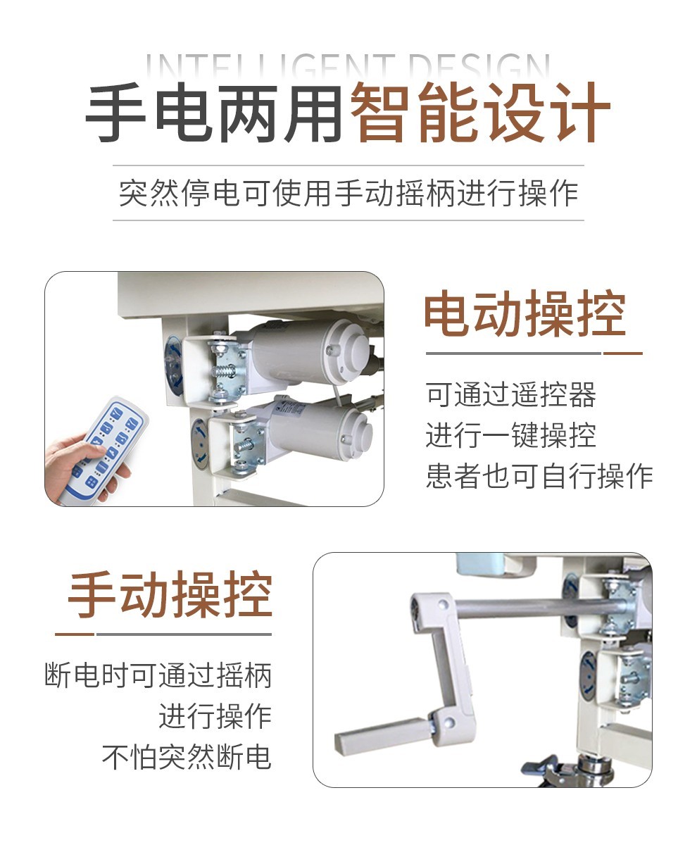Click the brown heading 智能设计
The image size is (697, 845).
point(480,112)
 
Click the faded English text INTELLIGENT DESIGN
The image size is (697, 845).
point(348,67)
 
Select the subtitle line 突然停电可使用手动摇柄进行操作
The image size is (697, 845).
point(348,193)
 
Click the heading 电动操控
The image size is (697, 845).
point(525,313)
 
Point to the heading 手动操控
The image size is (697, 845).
point(170,594)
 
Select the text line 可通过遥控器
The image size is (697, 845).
point(511,394)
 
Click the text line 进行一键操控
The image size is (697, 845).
point(511,435)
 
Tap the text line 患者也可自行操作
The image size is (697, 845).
point(539,476)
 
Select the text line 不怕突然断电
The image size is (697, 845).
point(187,756)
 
